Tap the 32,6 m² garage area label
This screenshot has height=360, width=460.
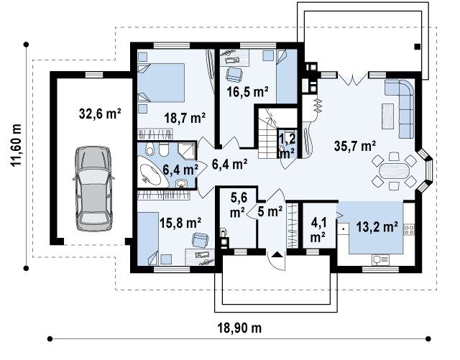[x=100, y=114]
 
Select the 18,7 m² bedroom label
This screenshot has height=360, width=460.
[x=185, y=118]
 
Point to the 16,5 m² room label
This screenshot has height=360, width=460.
[x=248, y=92]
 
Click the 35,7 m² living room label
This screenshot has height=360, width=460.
[x=355, y=146]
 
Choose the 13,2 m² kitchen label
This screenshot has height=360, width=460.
[x=377, y=226]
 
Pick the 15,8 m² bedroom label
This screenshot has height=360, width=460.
[x=180, y=223]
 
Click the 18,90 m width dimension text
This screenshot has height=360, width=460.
[x=239, y=328]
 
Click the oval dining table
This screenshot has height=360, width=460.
[x=394, y=170]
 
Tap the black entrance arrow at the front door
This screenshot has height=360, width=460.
[x=276, y=254]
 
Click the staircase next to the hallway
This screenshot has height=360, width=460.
[x=267, y=133]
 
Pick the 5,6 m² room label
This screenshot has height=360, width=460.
[x=238, y=205]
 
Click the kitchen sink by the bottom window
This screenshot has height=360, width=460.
[x=380, y=259]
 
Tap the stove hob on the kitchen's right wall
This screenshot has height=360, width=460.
[x=409, y=229]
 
